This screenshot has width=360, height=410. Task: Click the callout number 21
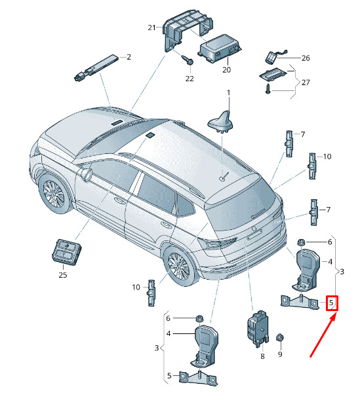(x=151, y=28)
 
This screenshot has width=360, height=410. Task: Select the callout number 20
(x=226, y=70)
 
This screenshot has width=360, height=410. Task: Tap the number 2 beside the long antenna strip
(x=129, y=57)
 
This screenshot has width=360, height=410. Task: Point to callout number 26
(x=306, y=58)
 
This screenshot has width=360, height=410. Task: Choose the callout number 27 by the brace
(x=306, y=83)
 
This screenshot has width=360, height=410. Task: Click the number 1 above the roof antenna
(x=229, y=92)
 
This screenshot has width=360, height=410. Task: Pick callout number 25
(x=63, y=275)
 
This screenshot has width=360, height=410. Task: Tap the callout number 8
(x=262, y=356)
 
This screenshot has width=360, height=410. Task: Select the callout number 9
(x=280, y=354)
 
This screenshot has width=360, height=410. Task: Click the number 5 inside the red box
(x=331, y=303)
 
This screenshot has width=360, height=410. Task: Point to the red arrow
(x=323, y=335)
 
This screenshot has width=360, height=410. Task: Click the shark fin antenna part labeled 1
(x=220, y=122)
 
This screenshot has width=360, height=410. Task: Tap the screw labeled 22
(x=188, y=60)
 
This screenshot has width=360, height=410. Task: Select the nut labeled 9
(x=280, y=338)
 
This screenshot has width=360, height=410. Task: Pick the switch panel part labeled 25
(x=66, y=250)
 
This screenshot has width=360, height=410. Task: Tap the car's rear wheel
(x=180, y=267)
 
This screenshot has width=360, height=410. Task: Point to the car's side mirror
(x=87, y=174)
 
